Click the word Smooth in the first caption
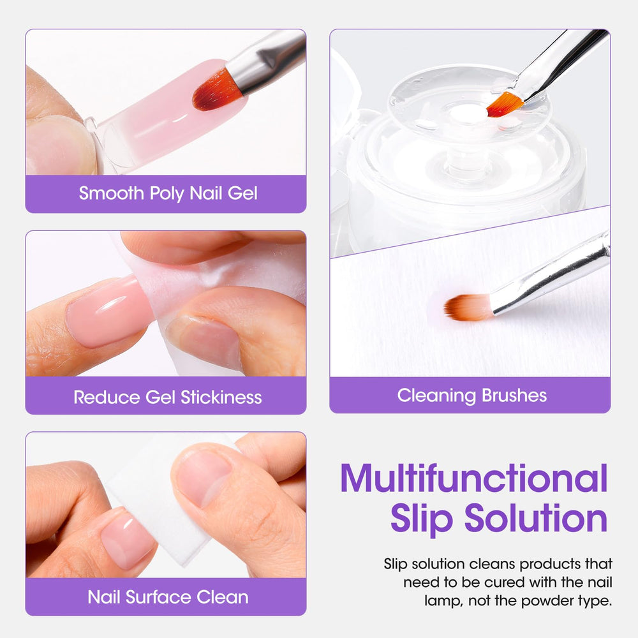112,193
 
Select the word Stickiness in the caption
221,397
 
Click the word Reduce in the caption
107,397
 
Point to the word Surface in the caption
158,597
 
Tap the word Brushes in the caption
514,396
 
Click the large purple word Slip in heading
422,518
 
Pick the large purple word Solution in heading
536,517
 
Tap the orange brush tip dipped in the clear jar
504,104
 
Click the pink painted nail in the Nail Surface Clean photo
127,540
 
